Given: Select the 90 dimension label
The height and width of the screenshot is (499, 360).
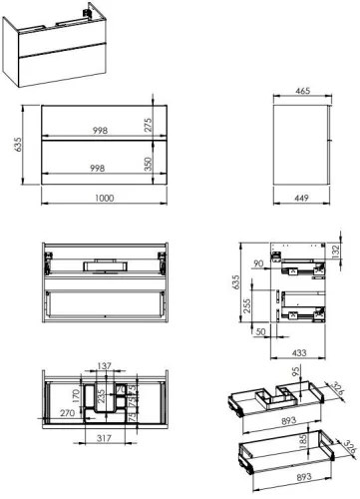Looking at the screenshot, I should [x=258, y=264].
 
